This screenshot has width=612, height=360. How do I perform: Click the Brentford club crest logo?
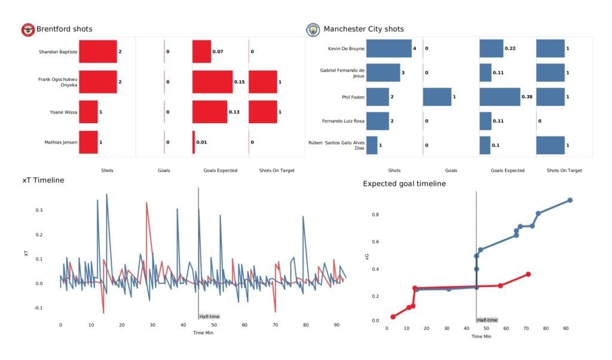pos(27,29)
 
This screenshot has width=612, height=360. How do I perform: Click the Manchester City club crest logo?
pos(313,29)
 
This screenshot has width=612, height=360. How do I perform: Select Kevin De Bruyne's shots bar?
pos(388,48)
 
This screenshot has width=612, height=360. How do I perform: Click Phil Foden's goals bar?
pos(437,97)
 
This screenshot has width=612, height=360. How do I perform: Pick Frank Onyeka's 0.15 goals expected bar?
pos(212,81)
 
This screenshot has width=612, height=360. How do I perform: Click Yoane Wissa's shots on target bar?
pos(263,112)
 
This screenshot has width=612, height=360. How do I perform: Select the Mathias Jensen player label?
pos(60,142)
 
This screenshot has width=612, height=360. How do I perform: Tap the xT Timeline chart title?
pos(43,180)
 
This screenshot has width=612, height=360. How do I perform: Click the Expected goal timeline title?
pos(404,184)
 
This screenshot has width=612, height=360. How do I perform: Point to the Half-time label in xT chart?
pos(209,316)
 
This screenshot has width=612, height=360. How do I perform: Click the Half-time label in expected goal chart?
pos(487,320)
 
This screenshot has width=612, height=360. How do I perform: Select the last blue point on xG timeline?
pos(570,200)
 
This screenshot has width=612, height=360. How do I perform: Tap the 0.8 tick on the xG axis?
pos(375,214)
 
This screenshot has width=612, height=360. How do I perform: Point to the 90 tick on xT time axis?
pos(336,325)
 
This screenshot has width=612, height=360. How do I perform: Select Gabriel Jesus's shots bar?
pos(382,73)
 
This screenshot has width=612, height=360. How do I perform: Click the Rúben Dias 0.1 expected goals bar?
pos(485,145)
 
